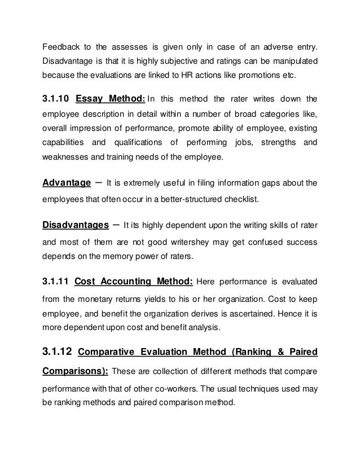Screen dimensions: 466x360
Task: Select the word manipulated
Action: [292, 60]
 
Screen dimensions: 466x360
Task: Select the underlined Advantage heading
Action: [67, 183]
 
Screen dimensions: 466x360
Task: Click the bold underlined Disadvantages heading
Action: [76, 226]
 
